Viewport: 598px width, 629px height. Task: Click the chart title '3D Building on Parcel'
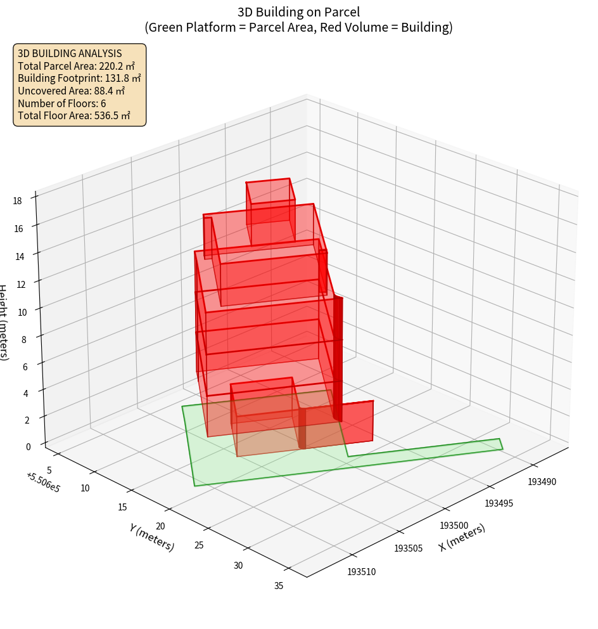[x=298, y=11]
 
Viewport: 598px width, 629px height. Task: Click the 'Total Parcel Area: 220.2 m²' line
[x=76, y=66]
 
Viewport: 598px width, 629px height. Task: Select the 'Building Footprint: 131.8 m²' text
[x=79, y=78]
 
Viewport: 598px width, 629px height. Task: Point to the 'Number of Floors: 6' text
[x=61, y=103]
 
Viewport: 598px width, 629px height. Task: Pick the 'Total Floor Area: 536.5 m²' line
[x=73, y=115]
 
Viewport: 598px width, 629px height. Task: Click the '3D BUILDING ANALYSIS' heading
[x=70, y=53]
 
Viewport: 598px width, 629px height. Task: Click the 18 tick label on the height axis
[x=17, y=201]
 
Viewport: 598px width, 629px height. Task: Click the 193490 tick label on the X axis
[x=542, y=482]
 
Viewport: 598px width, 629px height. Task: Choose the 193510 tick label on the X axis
[x=361, y=572]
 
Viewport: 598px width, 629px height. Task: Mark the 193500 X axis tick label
[x=454, y=526]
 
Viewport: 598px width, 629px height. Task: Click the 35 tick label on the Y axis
[x=279, y=585]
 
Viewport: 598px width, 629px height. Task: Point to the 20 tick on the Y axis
[x=160, y=526]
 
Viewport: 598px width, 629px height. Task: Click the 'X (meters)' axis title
[x=462, y=538]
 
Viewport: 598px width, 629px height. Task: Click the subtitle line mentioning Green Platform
[x=298, y=27]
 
